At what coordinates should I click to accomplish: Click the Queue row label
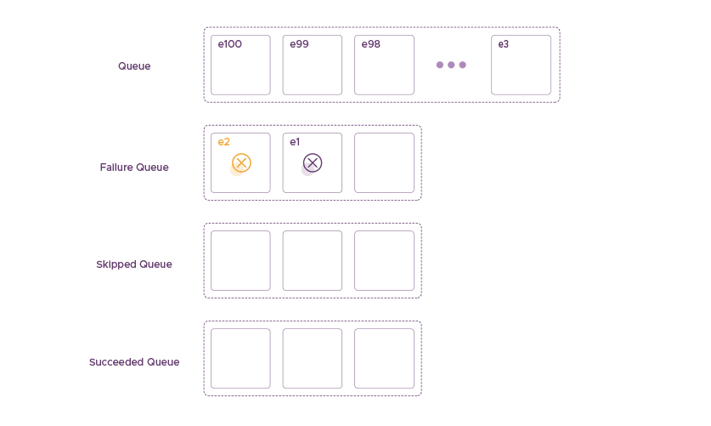134,66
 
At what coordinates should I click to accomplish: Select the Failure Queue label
134,168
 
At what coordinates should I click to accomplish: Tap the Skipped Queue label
134,264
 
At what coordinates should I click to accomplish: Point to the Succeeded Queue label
134,362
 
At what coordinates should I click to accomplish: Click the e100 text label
229,44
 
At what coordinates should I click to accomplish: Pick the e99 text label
299,44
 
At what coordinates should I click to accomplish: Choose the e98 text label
370,44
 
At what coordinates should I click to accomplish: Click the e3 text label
504,44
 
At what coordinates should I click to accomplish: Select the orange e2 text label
223,142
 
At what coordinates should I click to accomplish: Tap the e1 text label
295,142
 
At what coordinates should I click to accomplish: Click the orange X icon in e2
241,162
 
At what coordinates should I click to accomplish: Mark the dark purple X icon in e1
313,162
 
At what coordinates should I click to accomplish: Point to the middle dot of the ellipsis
451,65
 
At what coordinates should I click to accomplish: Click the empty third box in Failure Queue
384,162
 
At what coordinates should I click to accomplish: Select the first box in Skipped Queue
240,260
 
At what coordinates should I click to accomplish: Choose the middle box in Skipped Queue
313,260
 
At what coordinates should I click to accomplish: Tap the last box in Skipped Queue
384,260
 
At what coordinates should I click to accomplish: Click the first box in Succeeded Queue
240,358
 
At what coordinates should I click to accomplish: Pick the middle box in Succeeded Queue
313,358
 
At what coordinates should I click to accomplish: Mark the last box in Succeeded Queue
384,358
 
